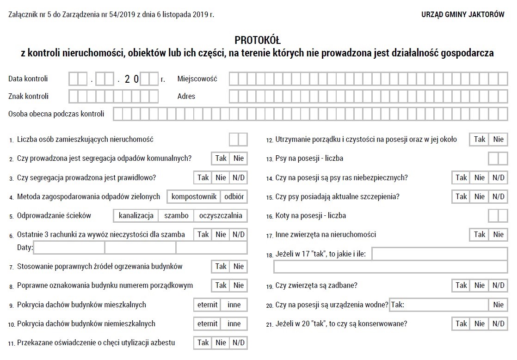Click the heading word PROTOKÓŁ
tap(258, 40)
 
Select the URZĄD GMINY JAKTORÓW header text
tap(463, 15)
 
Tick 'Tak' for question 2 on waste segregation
tap(221, 159)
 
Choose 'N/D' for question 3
tap(239, 178)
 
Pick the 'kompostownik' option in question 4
tap(194, 197)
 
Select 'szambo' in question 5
tap(176, 216)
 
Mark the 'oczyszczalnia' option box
tap(221, 216)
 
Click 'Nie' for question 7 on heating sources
tap(239, 267)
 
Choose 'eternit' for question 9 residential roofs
tap(207, 305)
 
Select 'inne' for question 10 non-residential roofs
tap(234, 324)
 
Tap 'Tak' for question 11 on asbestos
tap(203, 343)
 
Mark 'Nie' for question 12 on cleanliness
tap(498, 140)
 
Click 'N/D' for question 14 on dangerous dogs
tap(498, 178)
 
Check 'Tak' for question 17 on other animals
tap(480, 235)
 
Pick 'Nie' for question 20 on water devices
tap(498, 305)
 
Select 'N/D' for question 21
tap(498, 324)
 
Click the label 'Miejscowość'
tap(197, 79)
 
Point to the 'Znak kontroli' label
tap(28, 97)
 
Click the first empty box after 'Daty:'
tap(69, 248)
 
